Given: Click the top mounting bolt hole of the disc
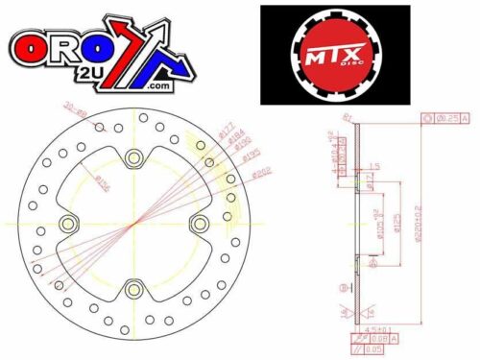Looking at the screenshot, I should point(132,158).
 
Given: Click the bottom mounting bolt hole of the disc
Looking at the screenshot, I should point(132,287).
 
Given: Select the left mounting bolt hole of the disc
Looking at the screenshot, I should point(68,224).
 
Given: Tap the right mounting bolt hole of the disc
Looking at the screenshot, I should point(198,224).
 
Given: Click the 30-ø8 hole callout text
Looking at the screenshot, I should point(75,112).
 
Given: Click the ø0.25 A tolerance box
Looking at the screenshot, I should point(446,119).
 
